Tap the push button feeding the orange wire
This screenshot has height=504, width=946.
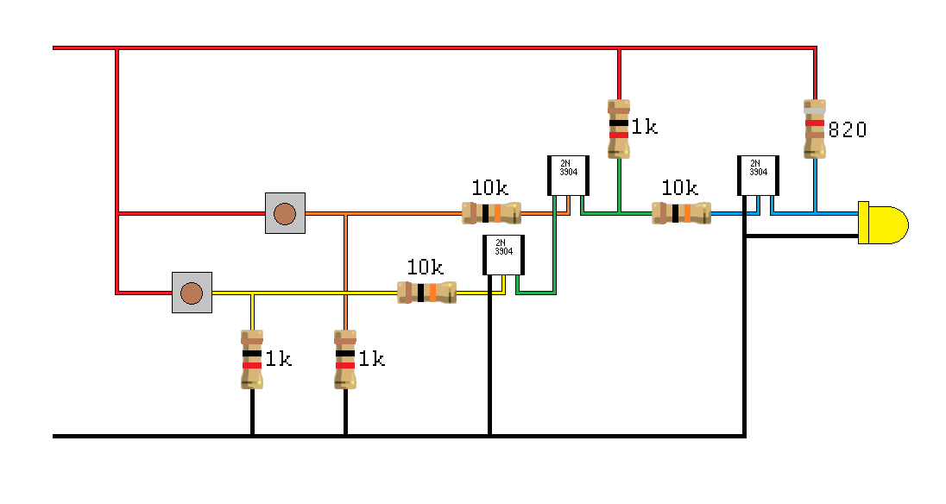click(284, 213)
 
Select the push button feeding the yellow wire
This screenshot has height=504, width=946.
click(192, 293)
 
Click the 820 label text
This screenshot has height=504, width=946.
click(847, 130)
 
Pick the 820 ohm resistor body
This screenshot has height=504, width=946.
click(814, 129)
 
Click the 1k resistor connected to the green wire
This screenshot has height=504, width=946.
click(618, 129)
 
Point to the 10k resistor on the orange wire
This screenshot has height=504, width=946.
click(491, 213)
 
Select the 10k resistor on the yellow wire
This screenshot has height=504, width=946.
click(426, 293)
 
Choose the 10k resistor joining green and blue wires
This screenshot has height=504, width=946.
click(681, 213)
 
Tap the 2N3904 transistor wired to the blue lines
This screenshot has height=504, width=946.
click(758, 175)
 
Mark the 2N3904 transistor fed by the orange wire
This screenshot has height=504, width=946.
click(568, 175)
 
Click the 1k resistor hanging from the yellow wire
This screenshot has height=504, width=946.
click(251, 359)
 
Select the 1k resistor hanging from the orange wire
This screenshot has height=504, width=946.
click(344, 359)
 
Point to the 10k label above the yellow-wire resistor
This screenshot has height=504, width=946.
click(425, 267)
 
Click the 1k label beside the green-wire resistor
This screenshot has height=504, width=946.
click(644, 128)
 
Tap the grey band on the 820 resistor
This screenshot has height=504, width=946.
click(814, 110)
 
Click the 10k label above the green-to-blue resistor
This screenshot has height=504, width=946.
click(680, 187)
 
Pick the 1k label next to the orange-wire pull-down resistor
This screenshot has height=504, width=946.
click(371, 359)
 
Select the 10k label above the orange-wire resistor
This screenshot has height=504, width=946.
click(489, 187)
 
